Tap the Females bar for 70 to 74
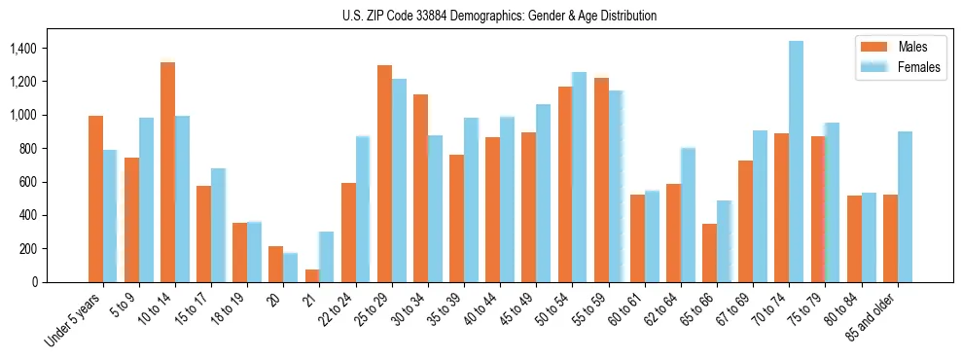coord(796,162)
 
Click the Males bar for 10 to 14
coord(167,172)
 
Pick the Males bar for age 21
coord(312,275)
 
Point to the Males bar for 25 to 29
coord(384,173)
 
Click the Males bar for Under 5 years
coord(95,198)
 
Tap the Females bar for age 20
coord(290,268)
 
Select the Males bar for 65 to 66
coord(709,253)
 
